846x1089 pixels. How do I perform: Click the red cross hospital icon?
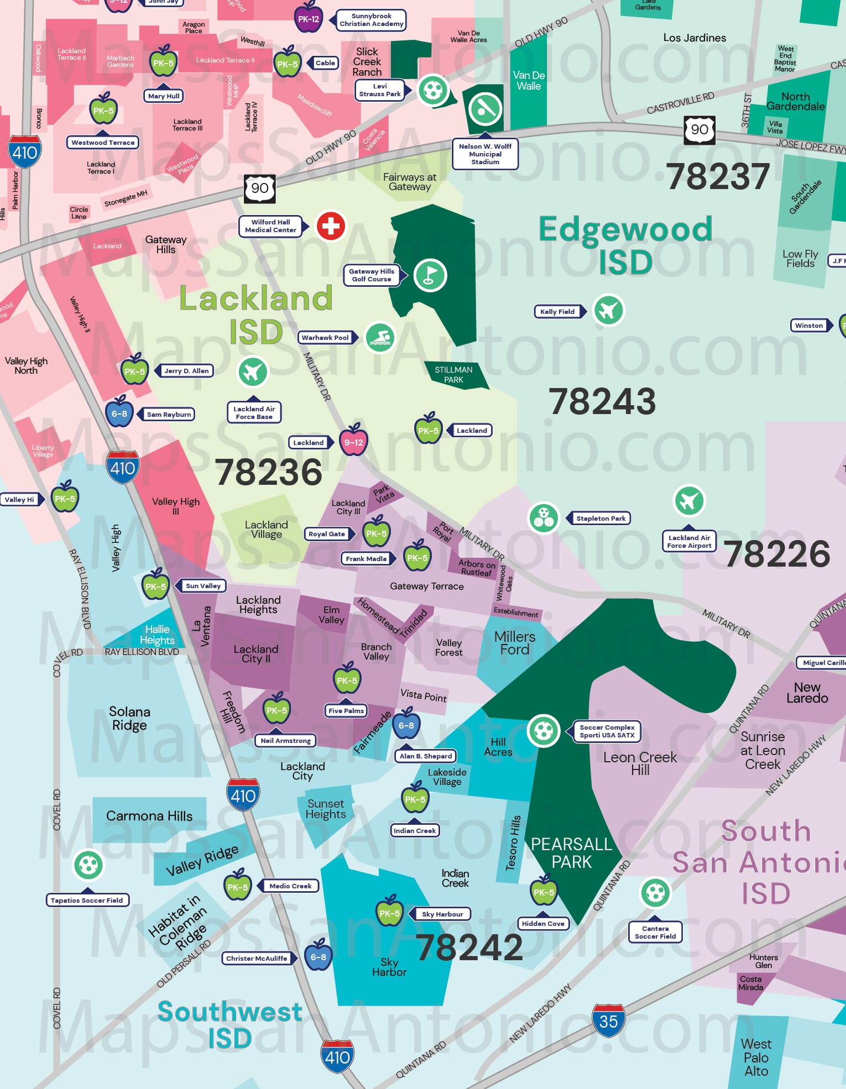click(331, 226)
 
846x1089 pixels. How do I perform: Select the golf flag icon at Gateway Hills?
click(430, 275)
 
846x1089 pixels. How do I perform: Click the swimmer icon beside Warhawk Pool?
click(380, 337)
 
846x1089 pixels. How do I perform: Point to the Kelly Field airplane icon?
click(608, 310)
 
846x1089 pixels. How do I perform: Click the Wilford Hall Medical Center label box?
click(270, 226)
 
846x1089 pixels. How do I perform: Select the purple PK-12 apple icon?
click(308, 17)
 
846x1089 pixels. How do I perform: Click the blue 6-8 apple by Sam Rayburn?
click(119, 412)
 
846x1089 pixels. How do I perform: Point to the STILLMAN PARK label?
click(453, 375)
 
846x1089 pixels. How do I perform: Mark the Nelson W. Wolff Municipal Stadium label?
click(485, 154)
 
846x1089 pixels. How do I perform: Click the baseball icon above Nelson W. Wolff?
click(485, 109)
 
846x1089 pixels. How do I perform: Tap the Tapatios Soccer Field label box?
click(87, 900)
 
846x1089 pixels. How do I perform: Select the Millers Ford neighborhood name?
click(514, 643)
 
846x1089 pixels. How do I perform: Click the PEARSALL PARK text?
click(572, 853)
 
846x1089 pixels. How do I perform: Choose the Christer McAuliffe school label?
click(257, 958)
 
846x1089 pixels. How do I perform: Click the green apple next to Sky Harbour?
click(389, 913)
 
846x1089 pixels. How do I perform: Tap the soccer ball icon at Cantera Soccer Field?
click(655, 892)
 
